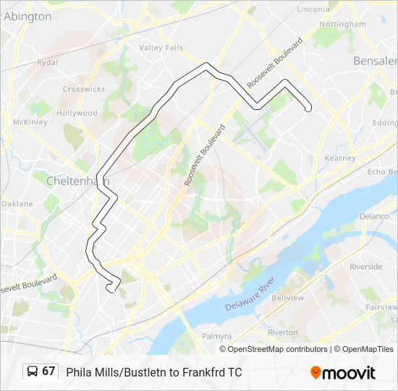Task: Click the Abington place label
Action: coord(27,16)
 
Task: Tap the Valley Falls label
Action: coord(161,48)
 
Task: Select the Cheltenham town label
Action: coord(76,180)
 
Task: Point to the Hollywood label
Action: coord(77,114)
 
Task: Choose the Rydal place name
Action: coord(47,63)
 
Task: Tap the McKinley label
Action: coord(30,122)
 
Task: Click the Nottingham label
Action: coord(343,24)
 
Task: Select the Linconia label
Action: coord(313,9)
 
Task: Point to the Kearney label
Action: coord(340,158)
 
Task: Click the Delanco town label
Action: coord(374,216)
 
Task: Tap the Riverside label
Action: coord(366,266)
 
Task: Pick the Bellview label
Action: coord(287,298)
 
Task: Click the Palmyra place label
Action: coord(216,337)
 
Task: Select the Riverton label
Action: coord(282,333)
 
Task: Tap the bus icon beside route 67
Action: coord(33,371)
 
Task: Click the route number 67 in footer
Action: coord(48,371)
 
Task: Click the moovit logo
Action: coord(343,373)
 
